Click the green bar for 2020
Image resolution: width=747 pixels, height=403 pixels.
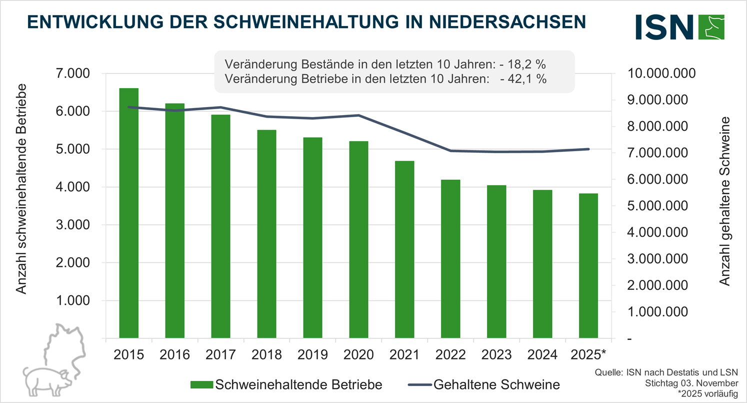(358, 240)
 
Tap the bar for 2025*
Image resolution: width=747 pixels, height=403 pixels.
(588, 266)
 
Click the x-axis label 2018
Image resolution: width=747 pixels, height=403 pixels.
(266, 354)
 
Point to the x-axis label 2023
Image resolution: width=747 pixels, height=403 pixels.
(496, 354)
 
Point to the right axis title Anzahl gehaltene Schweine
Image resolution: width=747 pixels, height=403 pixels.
(724, 201)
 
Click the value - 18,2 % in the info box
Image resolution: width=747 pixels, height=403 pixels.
(522, 65)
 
